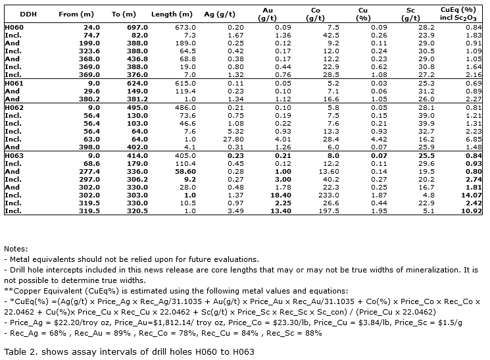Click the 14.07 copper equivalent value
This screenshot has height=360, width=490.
469,195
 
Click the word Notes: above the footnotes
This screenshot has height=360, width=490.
16,249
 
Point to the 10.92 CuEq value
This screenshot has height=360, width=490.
469,211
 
